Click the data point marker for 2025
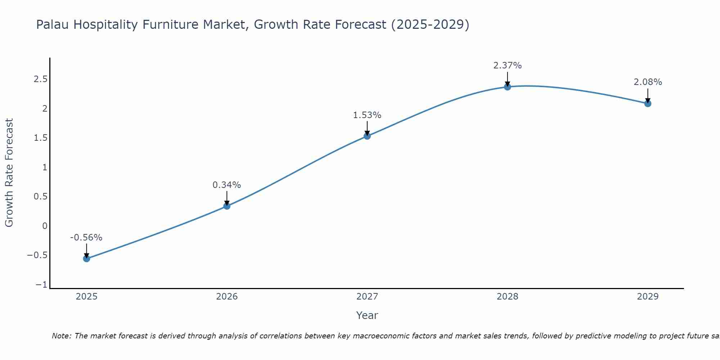[x=86, y=258]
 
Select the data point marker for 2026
[x=227, y=206]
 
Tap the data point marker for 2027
[x=367, y=136]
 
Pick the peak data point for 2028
[x=508, y=87]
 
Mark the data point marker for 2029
[x=648, y=104]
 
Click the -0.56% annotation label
[x=86, y=238]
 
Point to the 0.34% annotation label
[x=226, y=185]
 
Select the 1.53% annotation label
[x=367, y=115]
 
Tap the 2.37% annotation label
[x=507, y=66]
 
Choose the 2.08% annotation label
[x=648, y=82]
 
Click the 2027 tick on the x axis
[x=367, y=297]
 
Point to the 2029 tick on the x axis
[x=648, y=297]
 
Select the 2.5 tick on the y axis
[x=41, y=79]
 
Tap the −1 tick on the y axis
[x=41, y=285]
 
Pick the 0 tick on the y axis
[x=45, y=226]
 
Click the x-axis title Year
[x=367, y=315]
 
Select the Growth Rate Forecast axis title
[x=9, y=173]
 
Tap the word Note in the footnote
[x=61, y=336]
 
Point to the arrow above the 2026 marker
[x=227, y=198]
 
